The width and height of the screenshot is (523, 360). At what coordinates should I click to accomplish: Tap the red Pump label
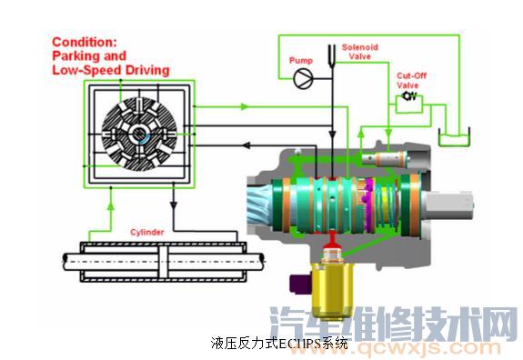click(301, 60)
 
